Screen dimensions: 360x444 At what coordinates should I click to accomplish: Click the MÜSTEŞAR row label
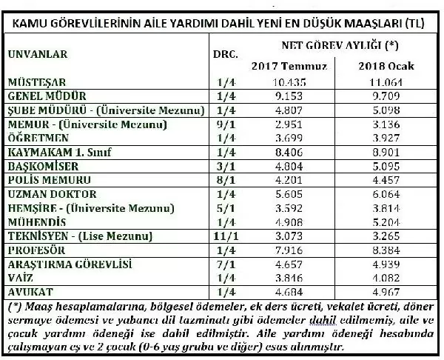34,83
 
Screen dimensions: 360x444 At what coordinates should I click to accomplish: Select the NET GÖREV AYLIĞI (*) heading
335,45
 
